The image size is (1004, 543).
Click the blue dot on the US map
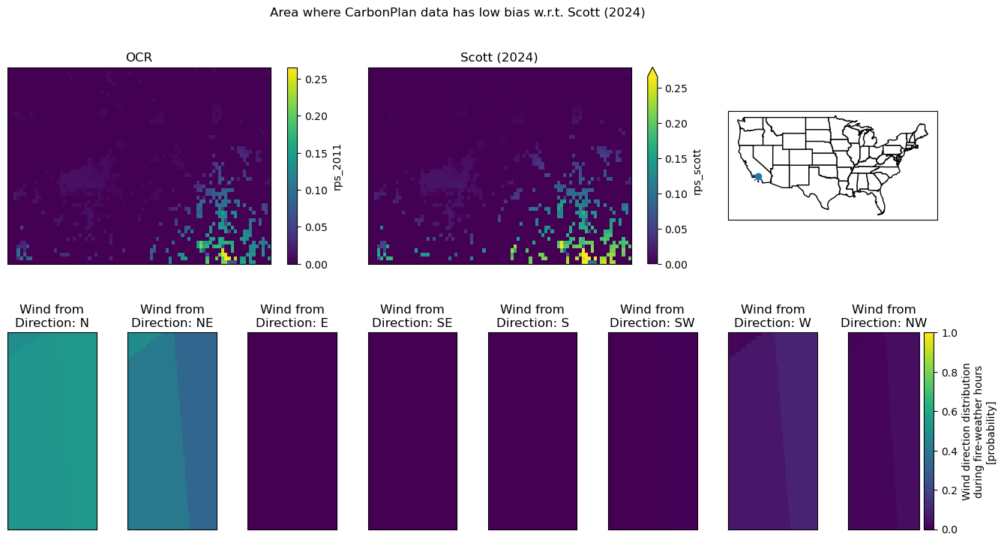click(x=758, y=177)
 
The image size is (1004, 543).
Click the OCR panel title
click(x=139, y=58)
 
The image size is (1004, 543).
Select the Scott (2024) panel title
click(x=499, y=58)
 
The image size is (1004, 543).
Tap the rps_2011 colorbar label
click(x=337, y=167)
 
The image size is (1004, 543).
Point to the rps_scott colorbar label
click(x=697, y=172)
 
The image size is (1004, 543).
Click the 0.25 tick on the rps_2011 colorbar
click(x=316, y=79)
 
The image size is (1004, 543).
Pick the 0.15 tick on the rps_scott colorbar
click(x=676, y=159)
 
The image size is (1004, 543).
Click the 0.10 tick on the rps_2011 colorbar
click(x=316, y=190)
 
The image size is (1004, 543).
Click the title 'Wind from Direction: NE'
click(x=172, y=316)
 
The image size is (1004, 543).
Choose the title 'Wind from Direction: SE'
click(x=412, y=316)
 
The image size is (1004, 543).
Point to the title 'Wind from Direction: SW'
click(x=652, y=316)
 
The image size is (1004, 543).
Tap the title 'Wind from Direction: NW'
click(x=884, y=316)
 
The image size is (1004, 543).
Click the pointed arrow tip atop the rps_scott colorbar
click(x=652, y=68)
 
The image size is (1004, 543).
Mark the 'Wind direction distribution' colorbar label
click(x=967, y=431)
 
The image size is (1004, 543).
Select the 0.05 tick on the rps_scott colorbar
click(x=676, y=229)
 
